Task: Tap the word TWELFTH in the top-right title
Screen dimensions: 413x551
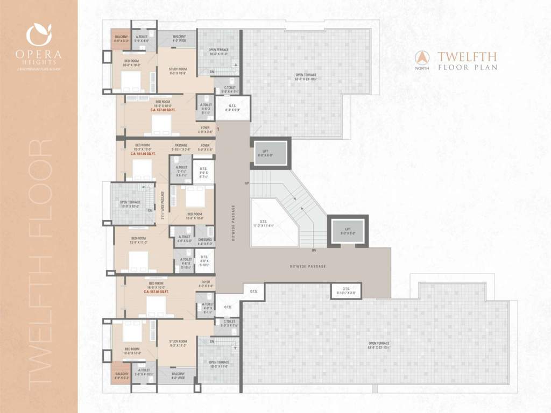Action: tap(467, 56)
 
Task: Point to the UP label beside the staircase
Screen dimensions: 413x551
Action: tap(247, 184)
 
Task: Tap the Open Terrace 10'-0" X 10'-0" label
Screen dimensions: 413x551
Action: tap(130, 204)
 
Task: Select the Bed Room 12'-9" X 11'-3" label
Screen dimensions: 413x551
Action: tap(138, 240)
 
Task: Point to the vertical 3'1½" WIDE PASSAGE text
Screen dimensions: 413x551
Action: tap(164, 205)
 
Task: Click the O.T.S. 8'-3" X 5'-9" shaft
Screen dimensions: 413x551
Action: tap(232, 108)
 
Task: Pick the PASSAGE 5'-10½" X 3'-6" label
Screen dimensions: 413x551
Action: tap(180, 147)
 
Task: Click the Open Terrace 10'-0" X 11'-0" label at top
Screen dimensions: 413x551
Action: tap(218, 52)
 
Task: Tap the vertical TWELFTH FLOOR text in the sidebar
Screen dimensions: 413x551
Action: tap(39, 263)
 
